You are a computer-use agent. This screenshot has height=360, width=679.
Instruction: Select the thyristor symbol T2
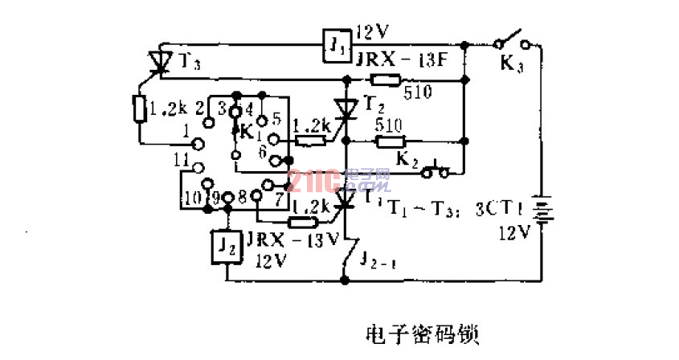click(346, 109)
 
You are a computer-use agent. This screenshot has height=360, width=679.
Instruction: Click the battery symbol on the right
click(542, 215)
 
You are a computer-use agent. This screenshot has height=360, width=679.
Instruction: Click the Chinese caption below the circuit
click(421, 333)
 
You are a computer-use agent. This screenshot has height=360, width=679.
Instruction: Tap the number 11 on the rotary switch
click(182, 158)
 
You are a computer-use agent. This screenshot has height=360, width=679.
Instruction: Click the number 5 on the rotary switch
click(276, 117)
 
